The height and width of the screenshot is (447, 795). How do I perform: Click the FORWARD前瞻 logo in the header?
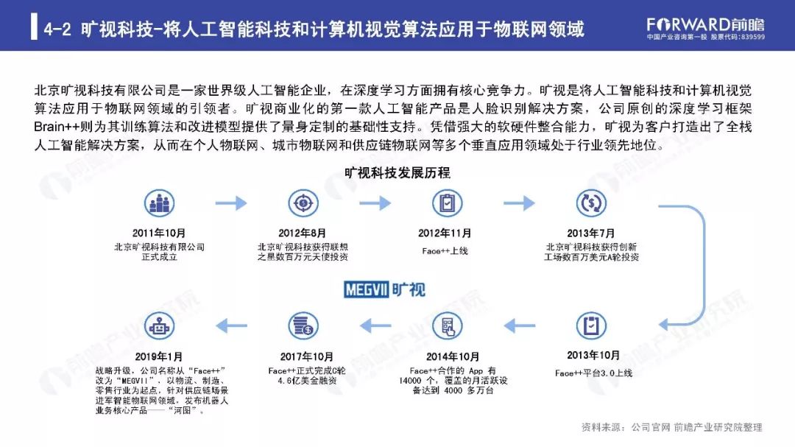tap(706, 24)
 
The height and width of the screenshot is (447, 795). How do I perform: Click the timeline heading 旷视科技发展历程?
tap(397, 174)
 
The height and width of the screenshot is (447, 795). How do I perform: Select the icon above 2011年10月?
tap(159, 203)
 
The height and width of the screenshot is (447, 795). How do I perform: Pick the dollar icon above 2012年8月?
tap(303, 203)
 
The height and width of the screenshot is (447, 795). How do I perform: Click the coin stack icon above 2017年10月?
tap(303, 325)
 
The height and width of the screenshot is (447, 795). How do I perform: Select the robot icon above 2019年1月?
tap(159, 325)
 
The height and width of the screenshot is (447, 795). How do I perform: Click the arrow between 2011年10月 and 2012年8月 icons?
tap(231, 203)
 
